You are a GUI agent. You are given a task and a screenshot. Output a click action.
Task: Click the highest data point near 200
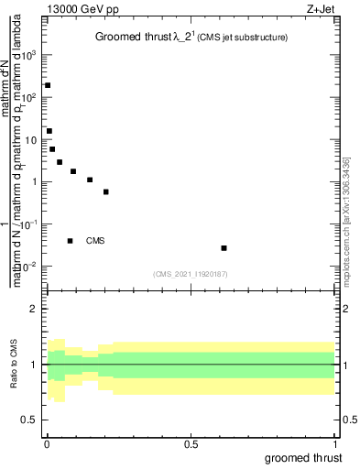click(48, 85)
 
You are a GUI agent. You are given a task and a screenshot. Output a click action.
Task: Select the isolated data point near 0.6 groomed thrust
click(224, 248)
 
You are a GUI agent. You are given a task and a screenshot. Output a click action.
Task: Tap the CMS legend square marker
click(70, 241)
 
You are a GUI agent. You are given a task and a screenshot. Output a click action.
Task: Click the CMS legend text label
click(96, 241)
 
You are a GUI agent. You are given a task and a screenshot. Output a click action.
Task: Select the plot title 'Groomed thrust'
click(140, 38)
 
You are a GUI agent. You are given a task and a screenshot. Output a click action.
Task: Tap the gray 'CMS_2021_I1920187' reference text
click(190, 273)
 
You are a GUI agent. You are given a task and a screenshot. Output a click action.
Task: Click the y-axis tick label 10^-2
click(29, 267)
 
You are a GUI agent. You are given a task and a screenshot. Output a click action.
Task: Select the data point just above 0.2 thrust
click(106, 192)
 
